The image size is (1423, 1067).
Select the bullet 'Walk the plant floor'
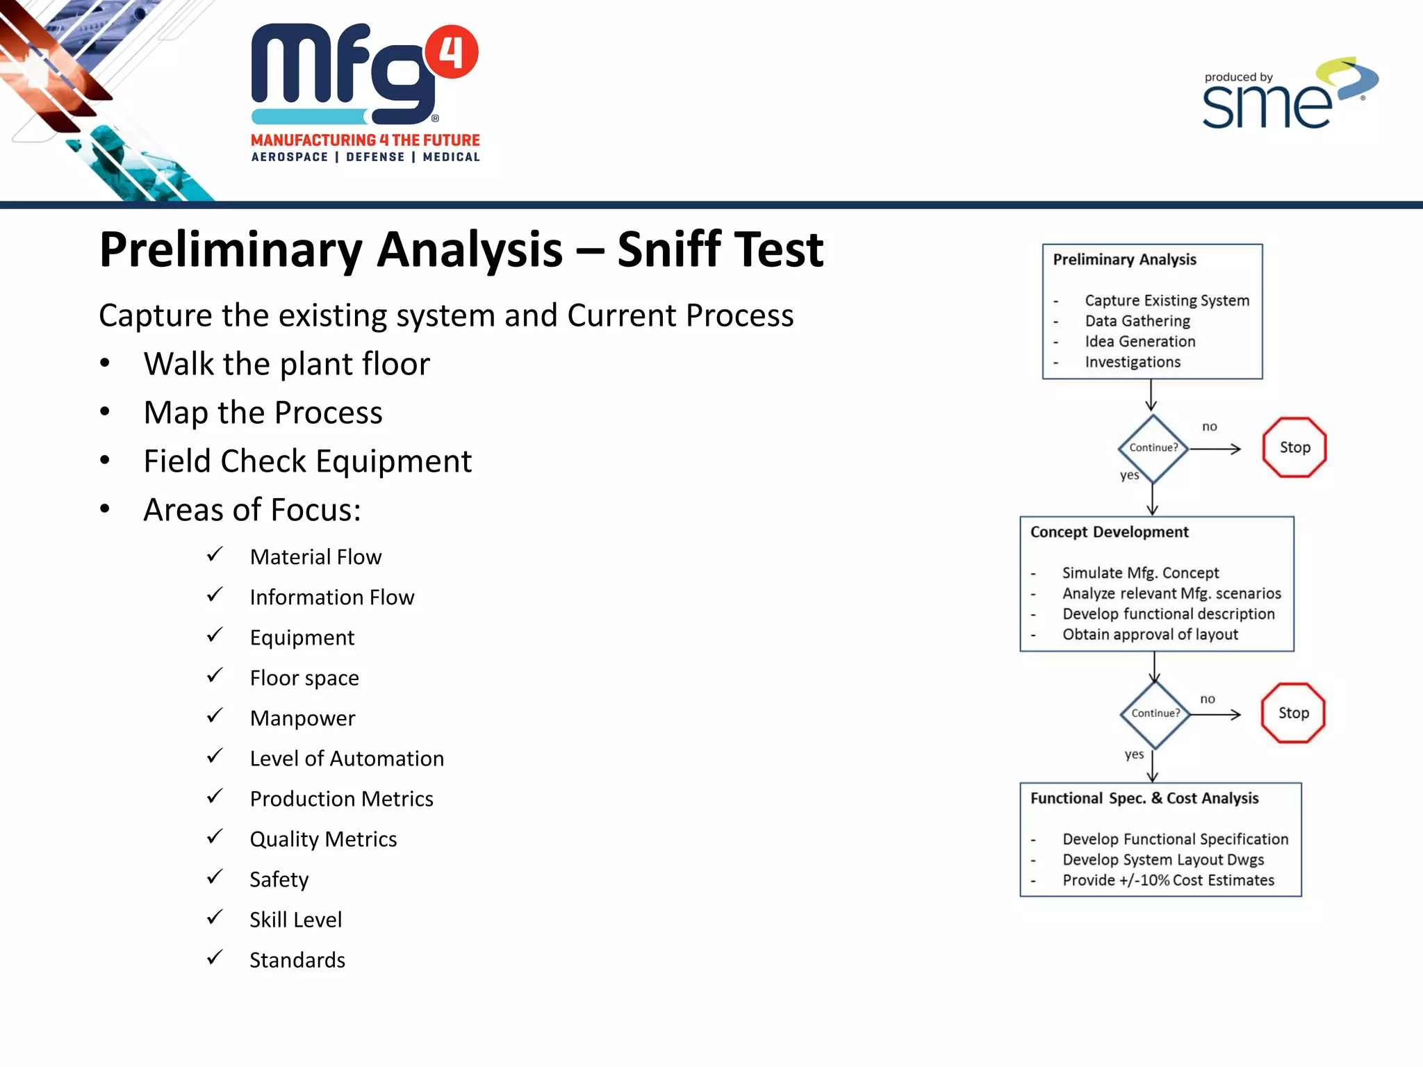click(x=286, y=364)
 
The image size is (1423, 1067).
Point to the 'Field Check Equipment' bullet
click(x=307, y=461)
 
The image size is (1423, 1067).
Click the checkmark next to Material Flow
click(x=215, y=554)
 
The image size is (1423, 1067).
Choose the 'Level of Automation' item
click(x=346, y=758)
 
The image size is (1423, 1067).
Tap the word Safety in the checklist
click(x=279, y=879)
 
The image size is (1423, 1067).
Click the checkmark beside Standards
click(x=215, y=957)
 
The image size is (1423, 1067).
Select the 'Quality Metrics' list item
click(x=323, y=839)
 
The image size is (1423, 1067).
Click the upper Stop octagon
click(x=1294, y=447)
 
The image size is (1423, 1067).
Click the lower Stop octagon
click(x=1292, y=713)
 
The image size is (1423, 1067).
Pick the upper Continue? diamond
click(x=1153, y=448)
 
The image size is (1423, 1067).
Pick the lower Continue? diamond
click(x=1155, y=713)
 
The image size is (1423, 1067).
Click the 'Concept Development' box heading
click(x=1109, y=532)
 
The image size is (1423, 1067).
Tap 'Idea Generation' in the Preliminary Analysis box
click(x=1140, y=342)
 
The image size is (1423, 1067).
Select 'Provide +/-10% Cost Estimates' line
click(x=1167, y=880)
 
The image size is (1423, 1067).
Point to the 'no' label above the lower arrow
click(x=1208, y=699)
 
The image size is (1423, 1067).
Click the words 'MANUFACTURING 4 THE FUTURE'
click(x=365, y=140)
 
